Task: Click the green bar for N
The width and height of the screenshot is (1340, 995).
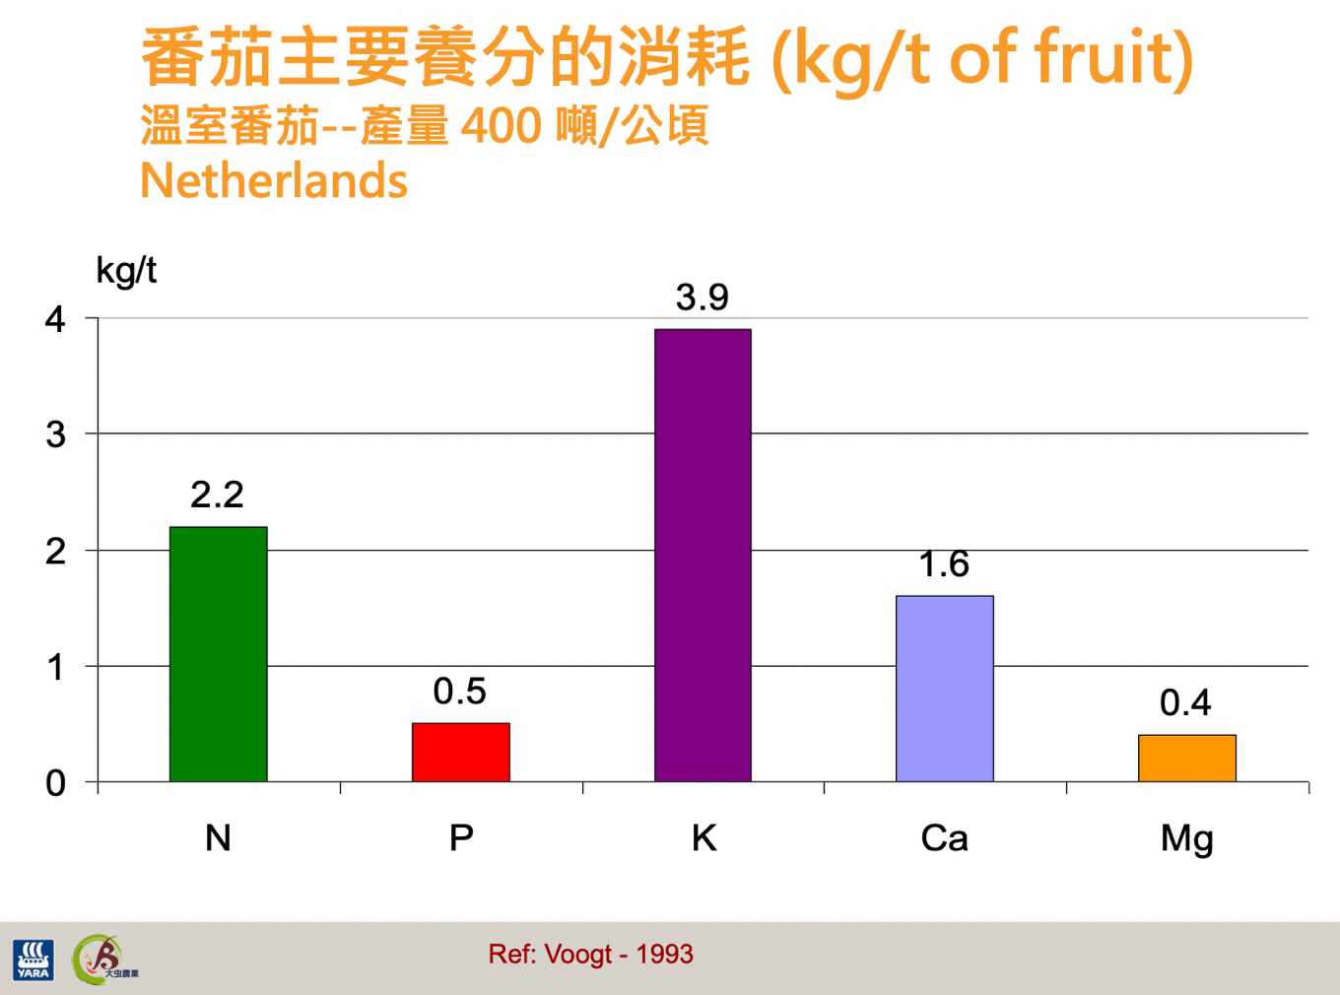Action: [218, 654]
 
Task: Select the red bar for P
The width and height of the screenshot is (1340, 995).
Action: [461, 752]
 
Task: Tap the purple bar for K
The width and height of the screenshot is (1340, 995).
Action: [703, 556]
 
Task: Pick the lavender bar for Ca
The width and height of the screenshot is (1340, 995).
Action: [945, 689]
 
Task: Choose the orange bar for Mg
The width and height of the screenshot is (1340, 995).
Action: [1187, 759]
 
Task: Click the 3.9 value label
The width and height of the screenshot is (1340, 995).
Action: [702, 298]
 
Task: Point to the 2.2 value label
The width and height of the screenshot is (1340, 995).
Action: [217, 495]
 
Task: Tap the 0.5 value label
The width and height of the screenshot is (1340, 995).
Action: [460, 692]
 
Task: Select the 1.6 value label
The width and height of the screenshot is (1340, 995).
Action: [944, 564]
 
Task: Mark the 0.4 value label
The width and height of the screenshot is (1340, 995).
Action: [1185, 702]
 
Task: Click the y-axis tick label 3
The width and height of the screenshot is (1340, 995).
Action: [55, 434]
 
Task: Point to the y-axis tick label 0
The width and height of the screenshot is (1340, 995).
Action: [55, 783]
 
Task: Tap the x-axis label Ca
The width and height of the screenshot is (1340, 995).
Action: [944, 838]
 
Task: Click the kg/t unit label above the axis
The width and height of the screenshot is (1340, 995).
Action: [126, 271]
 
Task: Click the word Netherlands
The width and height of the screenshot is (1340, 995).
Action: [274, 180]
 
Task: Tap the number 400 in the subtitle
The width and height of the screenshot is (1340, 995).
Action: [501, 126]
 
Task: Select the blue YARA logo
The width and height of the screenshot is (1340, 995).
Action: [33, 960]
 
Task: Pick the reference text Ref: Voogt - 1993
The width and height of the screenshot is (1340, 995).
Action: [591, 954]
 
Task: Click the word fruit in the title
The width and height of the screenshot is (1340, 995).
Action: [1106, 57]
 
